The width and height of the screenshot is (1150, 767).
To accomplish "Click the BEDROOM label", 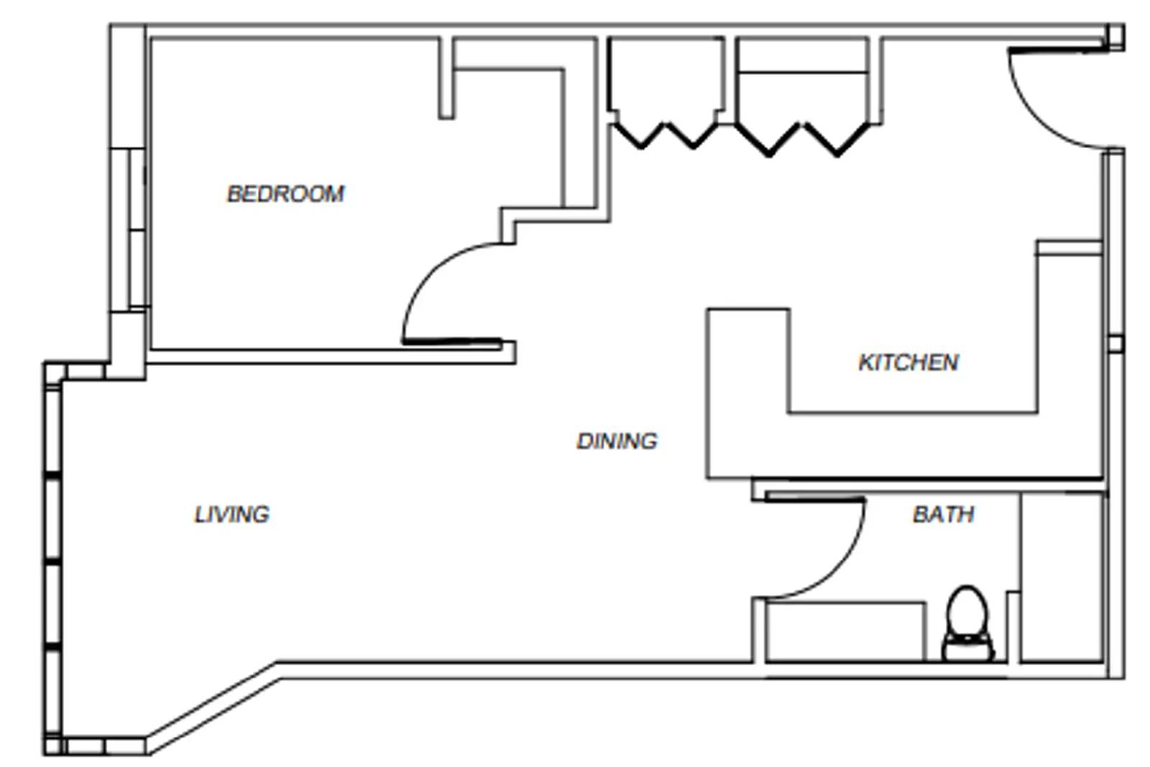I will click(285, 193).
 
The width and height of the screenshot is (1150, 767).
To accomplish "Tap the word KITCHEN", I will click(908, 362).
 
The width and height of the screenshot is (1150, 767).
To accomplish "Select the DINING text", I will click(617, 441).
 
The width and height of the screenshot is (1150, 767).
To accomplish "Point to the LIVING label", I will click(231, 514).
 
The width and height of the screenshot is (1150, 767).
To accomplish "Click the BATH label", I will click(943, 514).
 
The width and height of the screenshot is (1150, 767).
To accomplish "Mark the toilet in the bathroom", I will click(967, 624).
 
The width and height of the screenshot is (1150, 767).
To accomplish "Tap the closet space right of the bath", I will click(1061, 575).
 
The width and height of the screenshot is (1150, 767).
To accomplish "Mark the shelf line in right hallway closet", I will click(802, 72).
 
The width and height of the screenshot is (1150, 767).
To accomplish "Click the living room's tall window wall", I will click(53, 561).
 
